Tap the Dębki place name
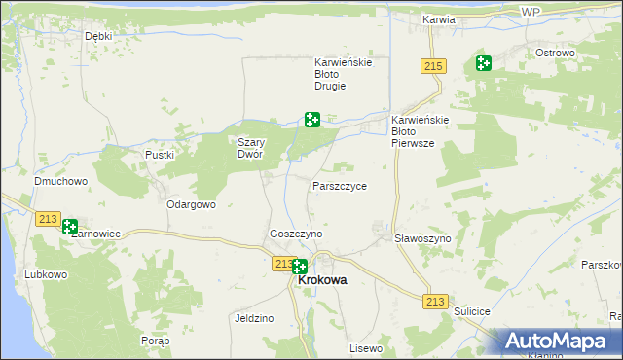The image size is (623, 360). click(x=98, y=36)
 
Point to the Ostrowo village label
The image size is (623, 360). click(x=556, y=53)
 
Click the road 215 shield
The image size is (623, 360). click(x=434, y=66)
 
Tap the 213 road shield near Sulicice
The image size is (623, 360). click(x=434, y=302)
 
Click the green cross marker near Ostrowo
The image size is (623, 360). click(x=483, y=64)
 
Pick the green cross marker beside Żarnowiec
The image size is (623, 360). click(x=70, y=228)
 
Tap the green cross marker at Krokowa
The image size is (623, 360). click(x=300, y=267)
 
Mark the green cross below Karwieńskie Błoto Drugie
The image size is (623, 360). click(x=311, y=120)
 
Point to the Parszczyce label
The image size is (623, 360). click(x=340, y=185)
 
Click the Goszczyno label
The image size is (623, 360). click(x=296, y=234)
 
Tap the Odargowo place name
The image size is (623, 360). click(x=191, y=205)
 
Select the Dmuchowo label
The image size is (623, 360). click(x=61, y=181)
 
